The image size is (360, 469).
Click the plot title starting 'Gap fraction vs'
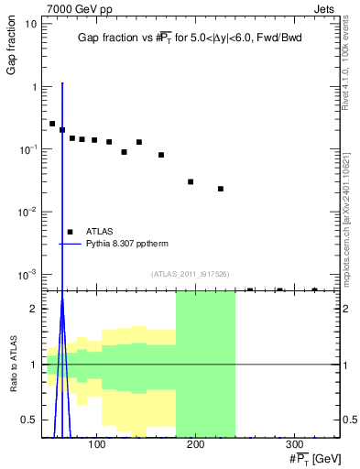point(190,38)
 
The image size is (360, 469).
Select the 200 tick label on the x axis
point(195,445)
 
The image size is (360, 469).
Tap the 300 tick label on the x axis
point(294,445)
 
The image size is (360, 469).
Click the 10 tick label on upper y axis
point(30,24)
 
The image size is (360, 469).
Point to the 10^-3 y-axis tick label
point(27,274)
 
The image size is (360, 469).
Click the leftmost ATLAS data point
point(52,124)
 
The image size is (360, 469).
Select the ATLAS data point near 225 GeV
point(221,189)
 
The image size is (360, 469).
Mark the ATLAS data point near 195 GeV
point(191,181)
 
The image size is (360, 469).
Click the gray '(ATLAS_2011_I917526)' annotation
point(189,275)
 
